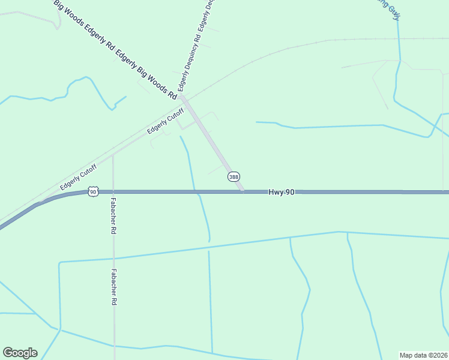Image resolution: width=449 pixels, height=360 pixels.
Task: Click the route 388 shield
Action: click(234, 176)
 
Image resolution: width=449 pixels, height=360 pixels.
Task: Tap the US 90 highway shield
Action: click(92, 191)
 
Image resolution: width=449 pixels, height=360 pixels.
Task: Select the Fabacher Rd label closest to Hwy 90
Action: click(113, 217)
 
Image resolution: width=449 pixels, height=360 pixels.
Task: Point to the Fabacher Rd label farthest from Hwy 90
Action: click(113, 287)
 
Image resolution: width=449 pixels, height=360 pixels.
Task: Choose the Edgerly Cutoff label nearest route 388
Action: click(166, 121)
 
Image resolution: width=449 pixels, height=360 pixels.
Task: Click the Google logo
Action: click(20, 353)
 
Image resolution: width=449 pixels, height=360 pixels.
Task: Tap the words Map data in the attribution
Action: click(413, 355)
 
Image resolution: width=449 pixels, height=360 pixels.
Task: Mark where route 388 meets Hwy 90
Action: click(243, 191)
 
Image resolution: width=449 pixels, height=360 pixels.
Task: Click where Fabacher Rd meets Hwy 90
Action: click(113, 191)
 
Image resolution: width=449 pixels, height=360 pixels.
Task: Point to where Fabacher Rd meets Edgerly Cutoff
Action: click(113, 154)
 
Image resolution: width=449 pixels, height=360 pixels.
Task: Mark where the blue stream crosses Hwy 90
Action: click(195, 191)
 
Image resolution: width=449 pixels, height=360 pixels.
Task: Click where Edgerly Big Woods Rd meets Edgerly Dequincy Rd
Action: click(182, 97)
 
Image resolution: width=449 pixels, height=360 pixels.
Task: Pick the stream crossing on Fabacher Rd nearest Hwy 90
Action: click(113, 259)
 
